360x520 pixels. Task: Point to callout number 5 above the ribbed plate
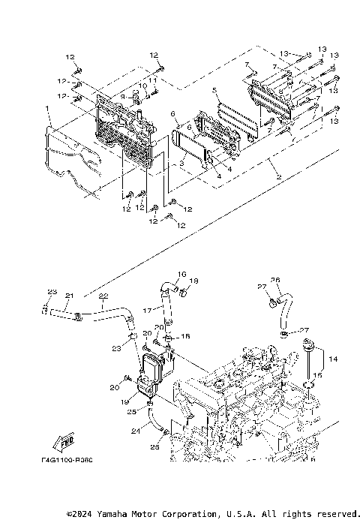pos(214,91)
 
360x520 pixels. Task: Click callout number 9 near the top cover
pos(122,97)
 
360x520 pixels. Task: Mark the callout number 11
pos(152,79)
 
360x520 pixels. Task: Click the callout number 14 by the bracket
pos(334,360)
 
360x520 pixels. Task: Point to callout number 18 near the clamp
pos(193,281)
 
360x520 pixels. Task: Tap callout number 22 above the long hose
pos(104,295)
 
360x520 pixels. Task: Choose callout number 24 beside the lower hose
pos(136,431)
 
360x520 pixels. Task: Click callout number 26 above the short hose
pos(275,280)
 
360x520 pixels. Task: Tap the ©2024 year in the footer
pos(79,514)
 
